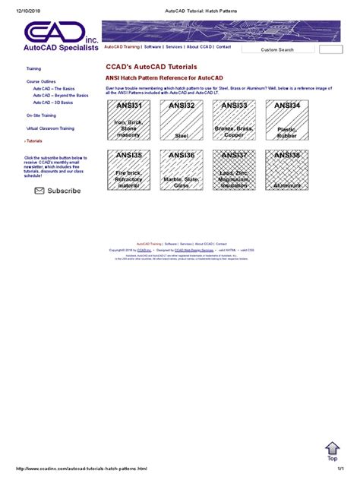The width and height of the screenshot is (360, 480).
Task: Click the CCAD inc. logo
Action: click(61, 36)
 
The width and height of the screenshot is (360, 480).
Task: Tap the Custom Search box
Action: click(277, 49)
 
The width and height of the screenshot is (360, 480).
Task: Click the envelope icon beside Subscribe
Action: click(39, 191)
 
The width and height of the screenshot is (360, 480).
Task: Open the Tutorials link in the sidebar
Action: click(35, 141)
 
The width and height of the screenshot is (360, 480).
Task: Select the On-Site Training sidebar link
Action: click(39, 115)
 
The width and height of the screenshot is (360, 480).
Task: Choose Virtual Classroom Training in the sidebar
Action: click(50, 128)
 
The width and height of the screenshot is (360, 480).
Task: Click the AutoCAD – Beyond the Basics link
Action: click(60, 95)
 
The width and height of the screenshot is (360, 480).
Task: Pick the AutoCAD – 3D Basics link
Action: click(52, 102)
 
